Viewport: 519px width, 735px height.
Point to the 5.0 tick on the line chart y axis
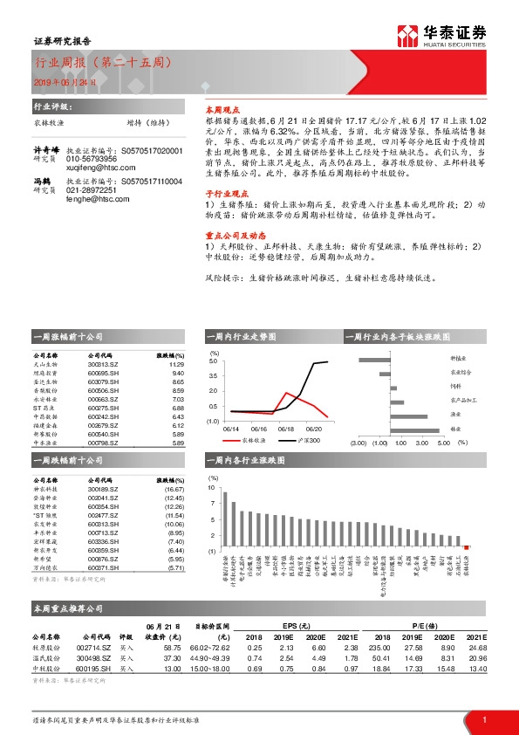[x=214, y=361]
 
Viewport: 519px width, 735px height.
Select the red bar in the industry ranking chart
[x=467, y=546]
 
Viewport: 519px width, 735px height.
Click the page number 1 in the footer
[x=483, y=720]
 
